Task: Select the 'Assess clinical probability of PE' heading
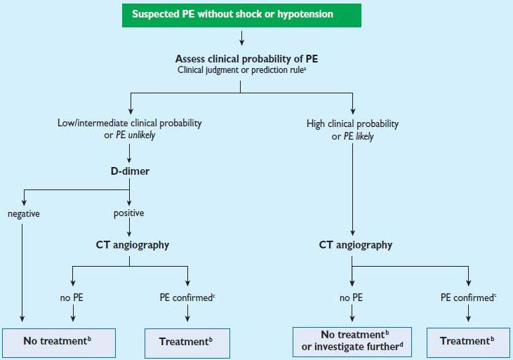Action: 241,58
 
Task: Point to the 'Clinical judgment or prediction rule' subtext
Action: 240,70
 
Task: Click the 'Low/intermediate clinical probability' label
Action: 129,123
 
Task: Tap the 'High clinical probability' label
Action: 352,124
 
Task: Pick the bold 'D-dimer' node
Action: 129,171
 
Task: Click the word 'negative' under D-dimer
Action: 25,213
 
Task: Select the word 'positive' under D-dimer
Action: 128,213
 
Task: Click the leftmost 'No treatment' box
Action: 57,341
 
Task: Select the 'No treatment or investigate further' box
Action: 352,341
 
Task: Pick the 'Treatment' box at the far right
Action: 468,341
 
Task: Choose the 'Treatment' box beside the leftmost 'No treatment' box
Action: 187,341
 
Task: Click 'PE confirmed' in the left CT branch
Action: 187,298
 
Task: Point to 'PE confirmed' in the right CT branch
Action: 468,298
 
